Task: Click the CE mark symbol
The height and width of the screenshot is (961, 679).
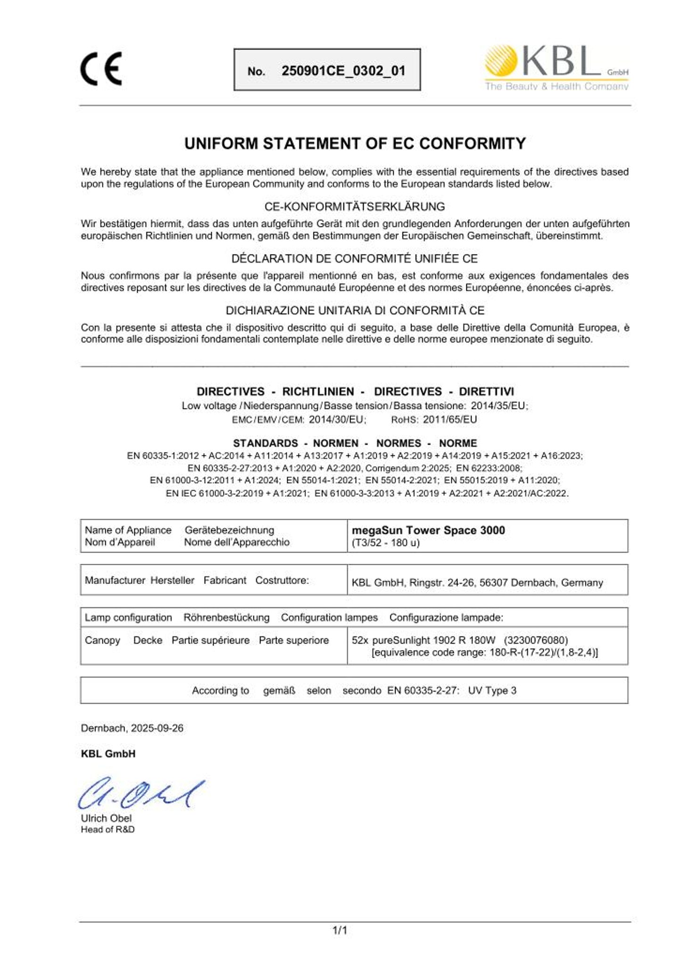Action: pyautogui.click(x=101, y=69)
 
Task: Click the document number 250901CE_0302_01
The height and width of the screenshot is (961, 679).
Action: pyautogui.click(x=343, y=71)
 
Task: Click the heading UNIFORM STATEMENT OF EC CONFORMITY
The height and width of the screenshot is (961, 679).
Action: pyautogui.click(x=355, y=143)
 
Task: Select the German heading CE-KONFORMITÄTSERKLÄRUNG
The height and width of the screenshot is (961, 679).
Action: pyautogui.click(x=355, y=207)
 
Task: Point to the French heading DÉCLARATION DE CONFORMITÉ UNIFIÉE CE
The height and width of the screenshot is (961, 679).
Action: pyautogui.click(x=355, y=259)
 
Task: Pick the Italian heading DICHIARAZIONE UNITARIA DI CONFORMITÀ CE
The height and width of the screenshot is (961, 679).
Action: pyautogui.click(x=355, y=310)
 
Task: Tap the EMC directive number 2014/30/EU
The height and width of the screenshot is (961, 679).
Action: pyautogui.click(x=337, y=419)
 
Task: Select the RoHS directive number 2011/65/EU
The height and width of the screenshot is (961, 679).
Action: pyautogui.click(x=450, y=419)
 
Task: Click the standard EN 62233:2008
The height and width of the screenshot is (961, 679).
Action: pyautogui.click(x=489, y=468)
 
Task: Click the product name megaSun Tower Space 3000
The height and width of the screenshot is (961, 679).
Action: pyautogui.click(x=428, y=530)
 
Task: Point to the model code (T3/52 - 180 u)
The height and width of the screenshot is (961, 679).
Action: pyautogui.click(x=385, y=543)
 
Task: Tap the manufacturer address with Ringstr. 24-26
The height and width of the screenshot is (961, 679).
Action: pyautogui.click(x=477, y=583)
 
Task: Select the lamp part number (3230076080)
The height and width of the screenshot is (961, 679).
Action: pyautogui.click(x=536, y=640)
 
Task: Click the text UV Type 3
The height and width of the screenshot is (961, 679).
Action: pyautogui.click(x=492, y=691)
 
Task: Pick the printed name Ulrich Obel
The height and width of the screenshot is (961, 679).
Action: pyautogui.click(x=106, y=819)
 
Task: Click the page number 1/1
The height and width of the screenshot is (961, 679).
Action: pyautogui.click(x=339, y=930)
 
